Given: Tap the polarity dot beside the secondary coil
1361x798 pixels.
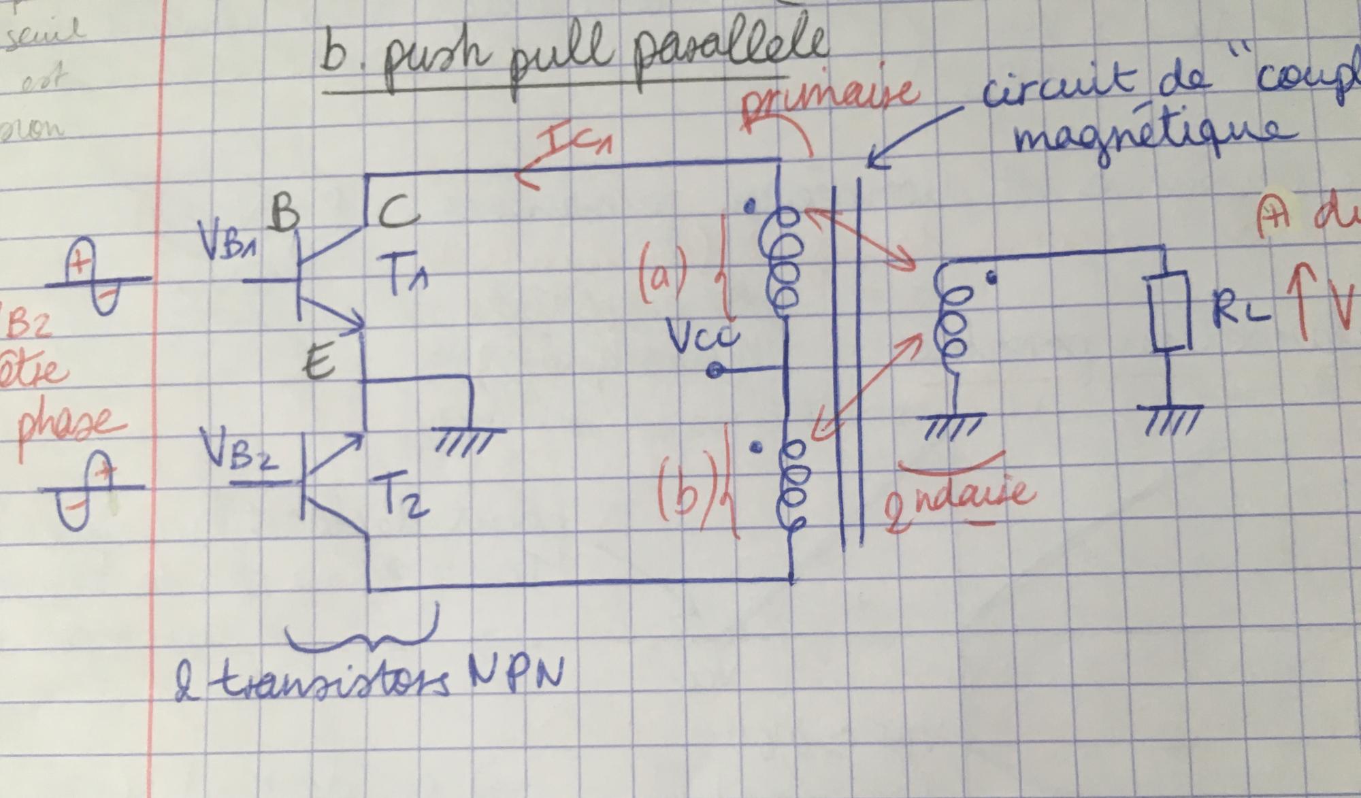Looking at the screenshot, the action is pyautogui.click(x=993, y=277).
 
